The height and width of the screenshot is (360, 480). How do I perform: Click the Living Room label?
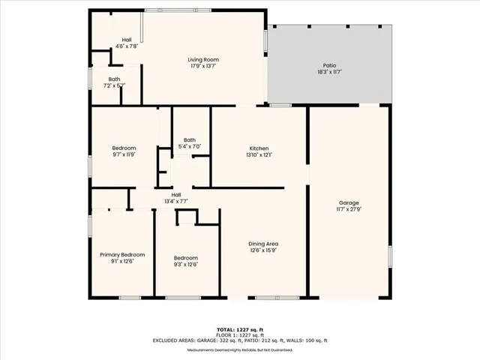coord(203,59)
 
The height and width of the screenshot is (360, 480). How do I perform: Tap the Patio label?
coord(330,66)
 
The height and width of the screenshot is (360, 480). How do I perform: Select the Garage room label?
coord(349,202)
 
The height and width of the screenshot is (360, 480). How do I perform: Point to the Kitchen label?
coord(259,148)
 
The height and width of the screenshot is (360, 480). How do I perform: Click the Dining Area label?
coord(263,244)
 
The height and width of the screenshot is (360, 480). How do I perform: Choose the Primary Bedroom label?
coord(122,255)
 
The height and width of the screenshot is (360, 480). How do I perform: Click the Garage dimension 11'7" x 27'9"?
coord(349,209)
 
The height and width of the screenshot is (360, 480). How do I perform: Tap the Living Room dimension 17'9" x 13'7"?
coord(203,66)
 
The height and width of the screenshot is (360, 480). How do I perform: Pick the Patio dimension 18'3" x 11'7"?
coord(330,73)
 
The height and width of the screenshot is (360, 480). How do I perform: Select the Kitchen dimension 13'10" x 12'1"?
coord(259,155)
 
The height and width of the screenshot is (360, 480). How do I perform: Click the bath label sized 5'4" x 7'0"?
coord(190,139)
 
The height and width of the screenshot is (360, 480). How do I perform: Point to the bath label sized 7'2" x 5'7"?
coord(114,79)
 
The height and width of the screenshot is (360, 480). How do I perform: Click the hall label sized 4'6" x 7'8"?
coord(127,40)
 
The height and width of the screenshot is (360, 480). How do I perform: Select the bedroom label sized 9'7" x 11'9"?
coord(124,148)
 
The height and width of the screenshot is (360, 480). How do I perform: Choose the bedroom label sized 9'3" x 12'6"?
coord(186,257)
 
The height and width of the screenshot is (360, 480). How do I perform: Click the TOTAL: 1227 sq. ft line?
coord(240,329)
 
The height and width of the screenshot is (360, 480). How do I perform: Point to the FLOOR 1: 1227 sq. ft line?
coord(240,335)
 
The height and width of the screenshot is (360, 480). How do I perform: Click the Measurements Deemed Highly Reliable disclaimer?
coord(240,350)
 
